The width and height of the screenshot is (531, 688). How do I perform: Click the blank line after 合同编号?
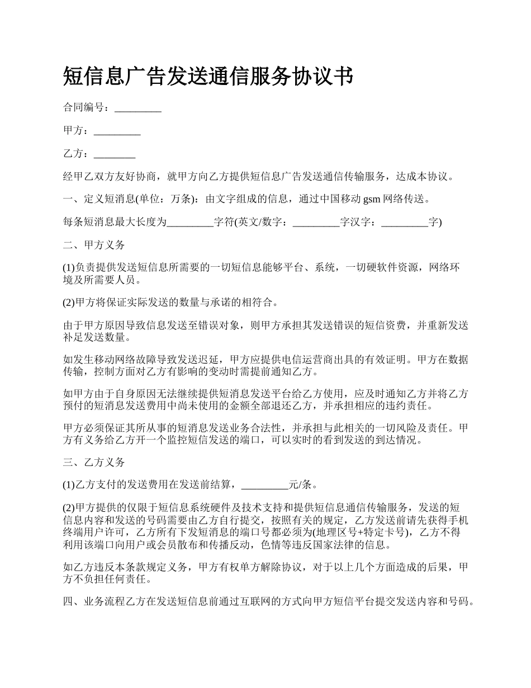click(x=138, y=109)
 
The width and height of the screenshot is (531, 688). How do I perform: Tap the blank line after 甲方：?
click(x=117, y=131)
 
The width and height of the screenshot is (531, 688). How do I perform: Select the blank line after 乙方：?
click(x=115, y=154)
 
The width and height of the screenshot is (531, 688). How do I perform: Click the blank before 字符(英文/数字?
click(x=190, y=223)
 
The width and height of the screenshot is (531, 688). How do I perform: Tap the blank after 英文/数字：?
click(x=316, y=223)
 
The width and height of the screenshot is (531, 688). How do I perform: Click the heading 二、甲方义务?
click(x=94, y=245)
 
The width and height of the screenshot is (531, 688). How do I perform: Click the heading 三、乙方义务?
click(x=94, y=463)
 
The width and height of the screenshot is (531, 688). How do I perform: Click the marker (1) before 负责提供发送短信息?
click(x=69, y=268)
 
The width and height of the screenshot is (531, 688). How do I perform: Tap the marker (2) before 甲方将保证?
click(x=69, y=303)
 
